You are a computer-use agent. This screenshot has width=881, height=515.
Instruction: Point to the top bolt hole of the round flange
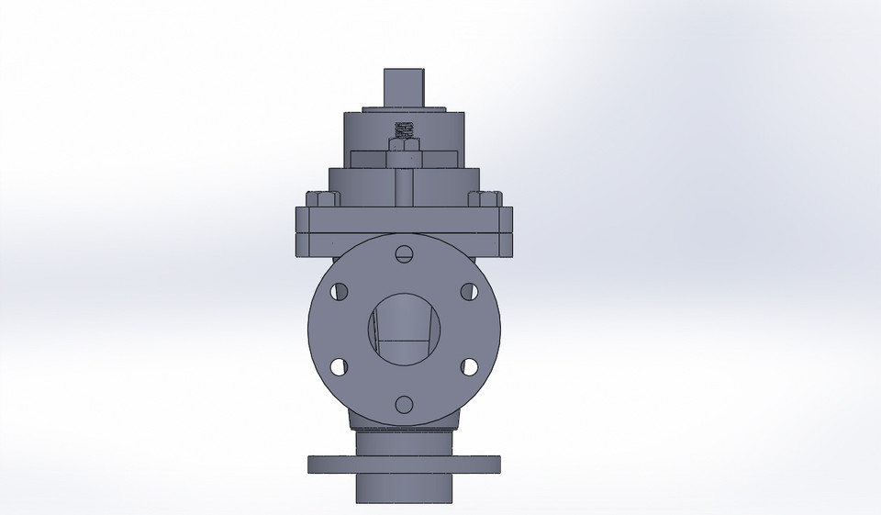point(405,253)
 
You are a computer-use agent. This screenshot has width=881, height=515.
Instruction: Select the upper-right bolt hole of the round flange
point(469,291)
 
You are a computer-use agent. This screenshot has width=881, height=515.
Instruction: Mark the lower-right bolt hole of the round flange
point(469,365)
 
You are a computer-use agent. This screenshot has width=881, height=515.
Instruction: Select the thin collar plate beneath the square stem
point(405,110)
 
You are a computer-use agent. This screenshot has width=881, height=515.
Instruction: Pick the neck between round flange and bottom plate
point(405,441)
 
